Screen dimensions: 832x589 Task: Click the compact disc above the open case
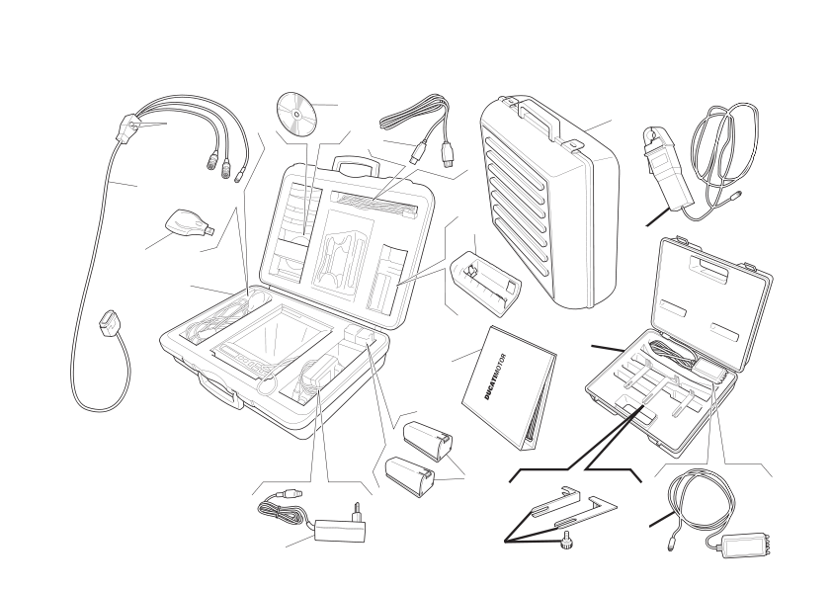[x=296, y=114]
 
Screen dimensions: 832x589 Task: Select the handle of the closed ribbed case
[x=539, y=119]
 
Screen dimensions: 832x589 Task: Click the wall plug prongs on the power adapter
[x=357, y=512]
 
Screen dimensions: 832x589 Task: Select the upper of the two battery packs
[x=428, y=440]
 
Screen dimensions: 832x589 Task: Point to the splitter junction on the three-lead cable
[x=128, y=127]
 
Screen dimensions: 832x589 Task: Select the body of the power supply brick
[x=340, y=530]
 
